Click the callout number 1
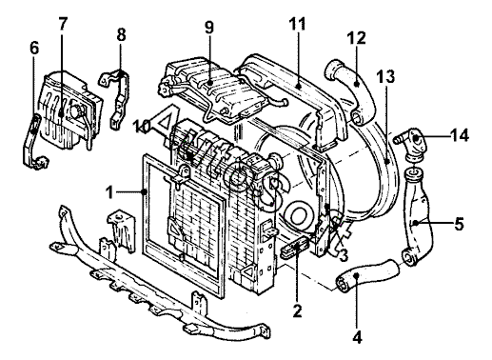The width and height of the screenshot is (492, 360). pos(109,192)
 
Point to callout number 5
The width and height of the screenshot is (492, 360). pos(459,224)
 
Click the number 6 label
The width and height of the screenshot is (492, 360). pos(34,49)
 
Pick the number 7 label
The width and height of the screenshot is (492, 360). pos(63,23)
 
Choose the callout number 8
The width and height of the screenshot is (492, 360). pos(121,35)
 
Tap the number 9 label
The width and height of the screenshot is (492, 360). pos(209,27)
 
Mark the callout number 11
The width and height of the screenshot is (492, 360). pos(297,24)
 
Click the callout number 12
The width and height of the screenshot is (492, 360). pos(356,37)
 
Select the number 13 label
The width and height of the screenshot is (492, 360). pos(386,76)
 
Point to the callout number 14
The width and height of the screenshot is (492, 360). pos(460,136)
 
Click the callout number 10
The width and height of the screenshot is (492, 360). pos(141,127)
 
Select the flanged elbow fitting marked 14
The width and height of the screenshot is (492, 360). pos(410,143)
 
